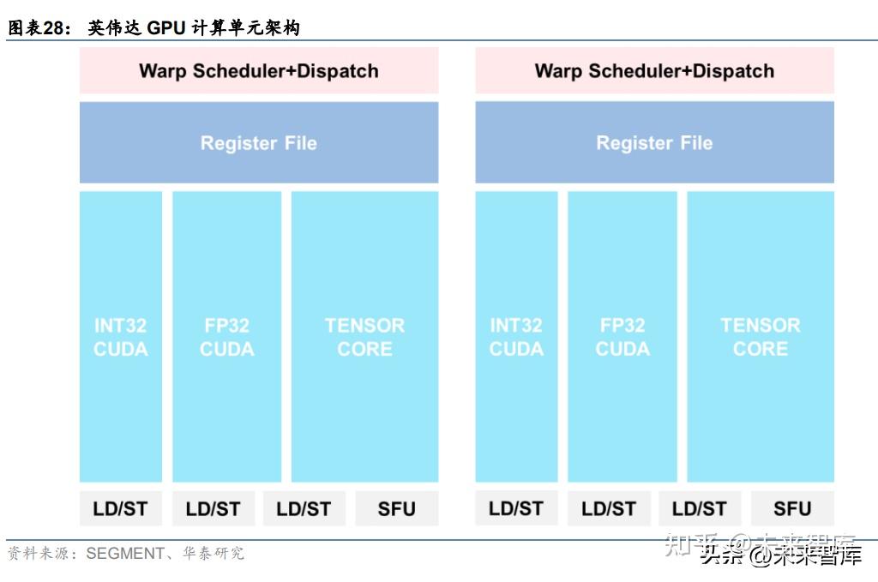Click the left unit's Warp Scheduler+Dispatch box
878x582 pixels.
[x=258, y=70]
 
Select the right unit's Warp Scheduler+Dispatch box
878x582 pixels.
[x=654, y=70]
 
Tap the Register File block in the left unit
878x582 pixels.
[x=258, y=142]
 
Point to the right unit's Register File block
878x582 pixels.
[x=654, y=142]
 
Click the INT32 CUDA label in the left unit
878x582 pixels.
[x=120, y=337]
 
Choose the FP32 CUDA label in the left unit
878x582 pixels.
[x=226, y=337]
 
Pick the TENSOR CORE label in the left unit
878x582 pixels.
[x=364, y=337]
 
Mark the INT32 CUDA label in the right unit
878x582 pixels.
[x=516, y=337]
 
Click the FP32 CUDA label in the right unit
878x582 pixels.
[x=622, y=337]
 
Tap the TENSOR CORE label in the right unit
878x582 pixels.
[x=761, y=337]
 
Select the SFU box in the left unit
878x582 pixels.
[x=396, y=508]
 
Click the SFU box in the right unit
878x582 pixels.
[x=792, y=508]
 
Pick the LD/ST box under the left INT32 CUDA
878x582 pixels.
[x=120, y=508]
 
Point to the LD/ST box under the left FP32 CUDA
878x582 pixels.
[x=213, y=508]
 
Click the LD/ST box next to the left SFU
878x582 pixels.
[x=304, y=508]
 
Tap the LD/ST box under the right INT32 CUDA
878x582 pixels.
[x=516, y=508]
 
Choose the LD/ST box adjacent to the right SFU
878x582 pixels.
[x=700, y=508]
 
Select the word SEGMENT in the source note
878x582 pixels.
[x=124, y=554]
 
